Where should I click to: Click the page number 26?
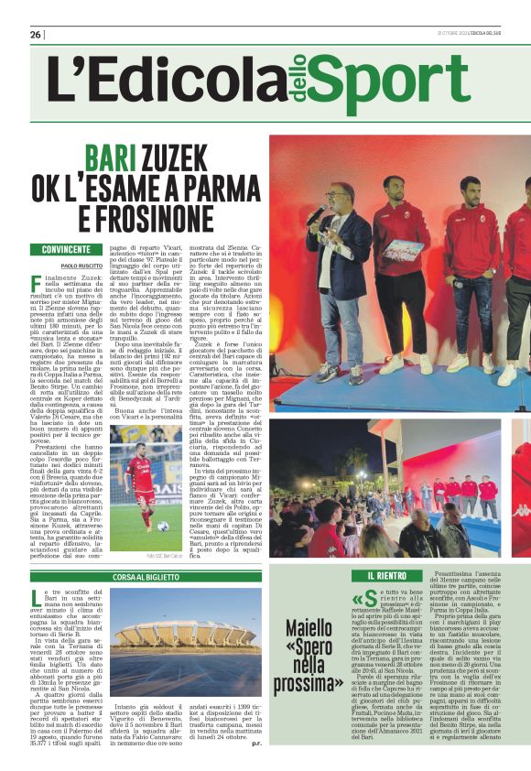[x=35, y=35]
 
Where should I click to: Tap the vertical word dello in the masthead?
[x=298, y=81]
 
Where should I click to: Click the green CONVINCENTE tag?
[x=66, y=249]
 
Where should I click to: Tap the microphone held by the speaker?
[x=314, y=217]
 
